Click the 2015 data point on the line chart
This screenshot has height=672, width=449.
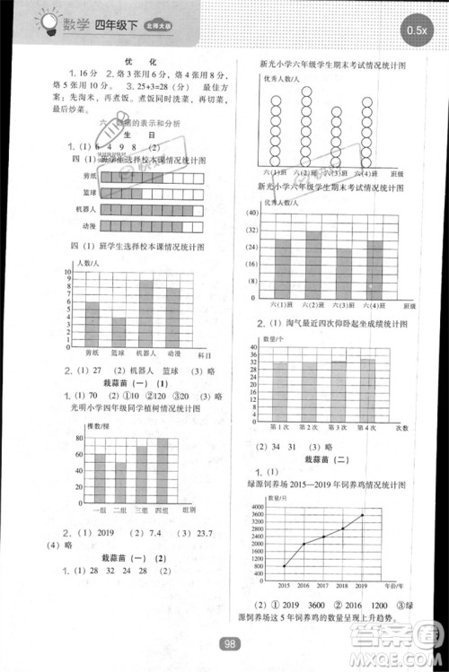284,566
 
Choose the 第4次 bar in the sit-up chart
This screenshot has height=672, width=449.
368,389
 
